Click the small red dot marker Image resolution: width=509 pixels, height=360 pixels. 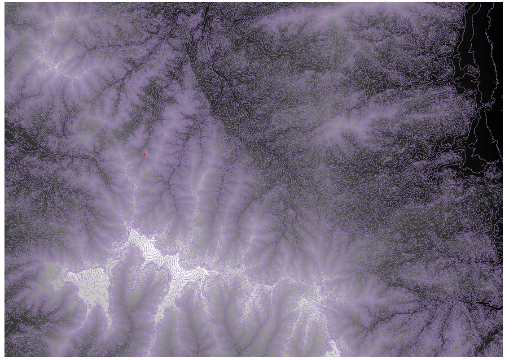145,154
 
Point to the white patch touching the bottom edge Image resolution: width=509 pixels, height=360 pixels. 334,347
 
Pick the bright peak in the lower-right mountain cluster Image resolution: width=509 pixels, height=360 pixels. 314,305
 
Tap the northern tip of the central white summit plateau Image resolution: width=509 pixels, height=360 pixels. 133,230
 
